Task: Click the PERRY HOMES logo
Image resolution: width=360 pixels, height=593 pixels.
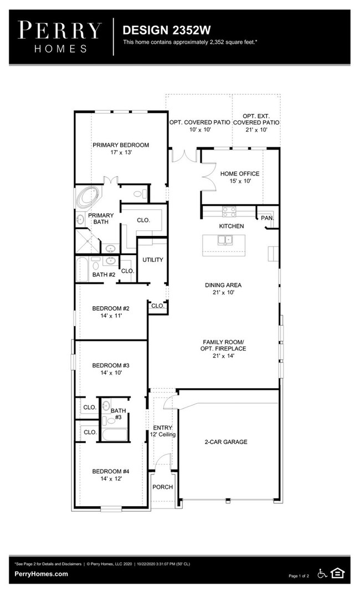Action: click(x=60, y=37)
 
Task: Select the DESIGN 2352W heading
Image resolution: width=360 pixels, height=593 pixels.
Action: click(x=167, y=30)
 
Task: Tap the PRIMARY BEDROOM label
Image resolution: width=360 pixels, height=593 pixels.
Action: click(x=121, y=145)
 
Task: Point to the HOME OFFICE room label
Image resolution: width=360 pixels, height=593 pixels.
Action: click(x=240, y=174)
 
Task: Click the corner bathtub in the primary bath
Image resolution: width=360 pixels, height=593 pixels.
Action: click(x=88, y=197)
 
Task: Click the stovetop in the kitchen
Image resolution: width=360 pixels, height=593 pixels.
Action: click(x=229, y=212)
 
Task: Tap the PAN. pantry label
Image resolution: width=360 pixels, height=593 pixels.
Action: click(x=268, y=218)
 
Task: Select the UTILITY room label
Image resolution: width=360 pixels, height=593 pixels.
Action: click(x=153, y=260)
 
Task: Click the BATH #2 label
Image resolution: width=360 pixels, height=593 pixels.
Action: click(x=104, y=275)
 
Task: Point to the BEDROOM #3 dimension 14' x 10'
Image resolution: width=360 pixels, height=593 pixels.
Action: click(x=111, y=373)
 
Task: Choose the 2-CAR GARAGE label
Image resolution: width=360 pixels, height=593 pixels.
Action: click(x=226, y=442)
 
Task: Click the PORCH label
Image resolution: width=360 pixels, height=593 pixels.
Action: click(x=163, y=487)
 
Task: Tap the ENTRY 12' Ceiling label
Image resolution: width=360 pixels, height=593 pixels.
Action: click(x=163, y=431)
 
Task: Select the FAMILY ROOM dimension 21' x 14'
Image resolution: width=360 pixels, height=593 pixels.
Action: click(x=224, y=356)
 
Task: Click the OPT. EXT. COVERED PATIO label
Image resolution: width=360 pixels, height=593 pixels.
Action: click(x=256, y=120)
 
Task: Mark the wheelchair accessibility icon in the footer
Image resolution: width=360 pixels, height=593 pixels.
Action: click(x=322, y=574)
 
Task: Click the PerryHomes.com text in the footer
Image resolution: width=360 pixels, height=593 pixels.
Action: click(x=41, y=574)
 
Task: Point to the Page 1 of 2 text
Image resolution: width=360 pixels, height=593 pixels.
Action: click(x=299, y=576)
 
